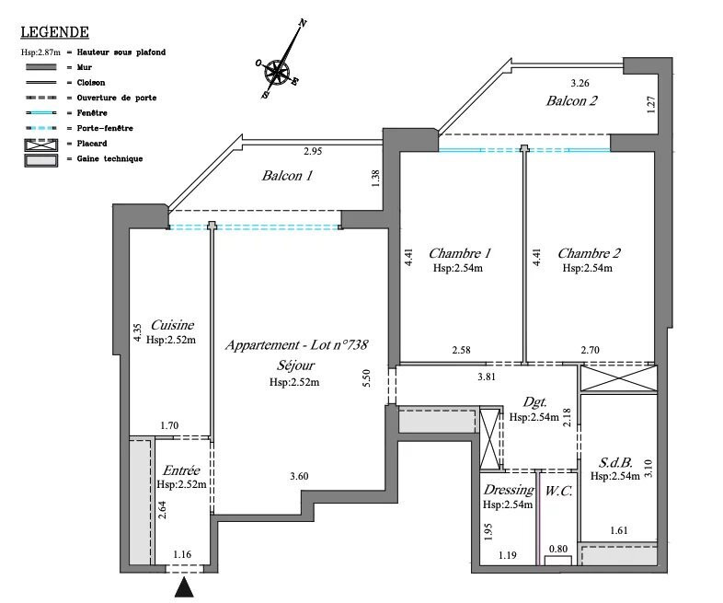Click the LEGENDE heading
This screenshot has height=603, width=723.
click(54, 33)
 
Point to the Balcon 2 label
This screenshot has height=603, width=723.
click(572, 101)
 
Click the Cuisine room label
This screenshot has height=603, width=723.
click(171, 325)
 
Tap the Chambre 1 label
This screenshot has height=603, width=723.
click(460, 253)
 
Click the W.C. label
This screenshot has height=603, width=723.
click(559, 491)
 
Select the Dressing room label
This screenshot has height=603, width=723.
click(508, 491)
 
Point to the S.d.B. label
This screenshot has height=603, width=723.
click(614, 461)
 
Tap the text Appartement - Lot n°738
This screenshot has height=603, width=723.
click(296, 345)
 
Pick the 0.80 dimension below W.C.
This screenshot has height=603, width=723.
click(557, 550)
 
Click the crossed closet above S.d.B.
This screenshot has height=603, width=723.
click(619, 378)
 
